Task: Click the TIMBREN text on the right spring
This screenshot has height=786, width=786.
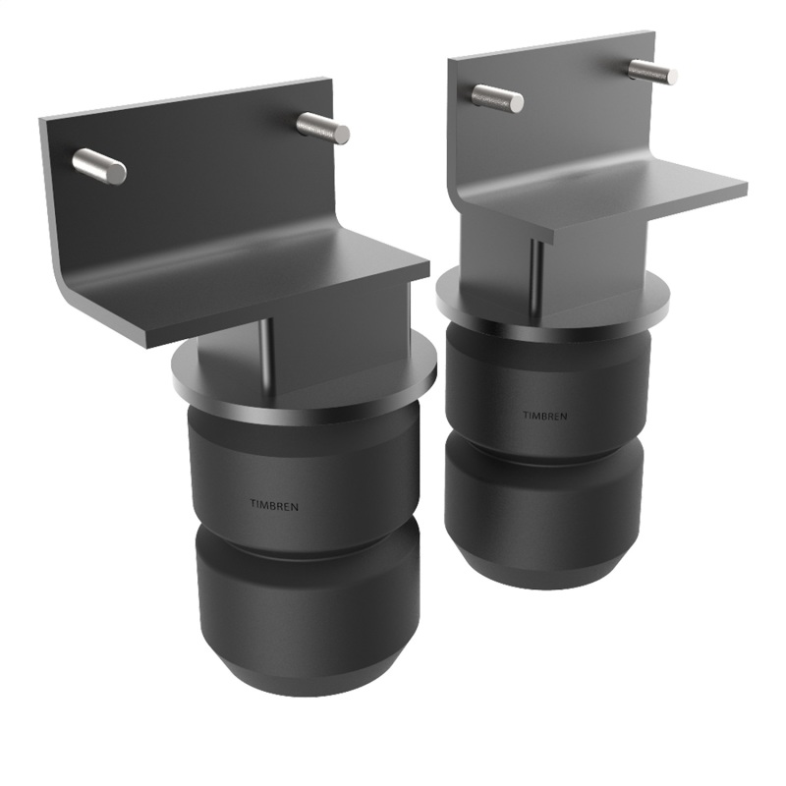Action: pos(544,415)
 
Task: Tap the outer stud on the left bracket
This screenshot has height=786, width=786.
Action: pos(99,166)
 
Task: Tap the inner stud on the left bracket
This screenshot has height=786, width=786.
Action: pos(322,128)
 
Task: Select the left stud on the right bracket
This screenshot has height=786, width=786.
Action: pos(497,97)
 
